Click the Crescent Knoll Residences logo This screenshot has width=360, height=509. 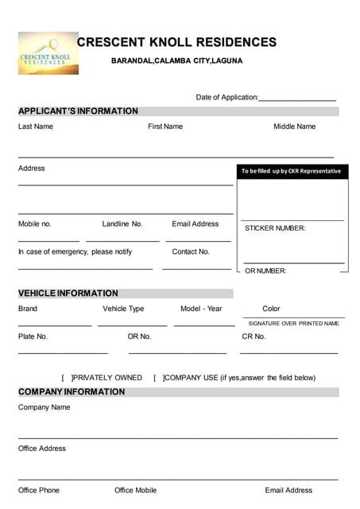pyautogui.click(x=48, y=53)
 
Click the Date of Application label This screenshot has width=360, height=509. pyautogui.click(x=226, y=97)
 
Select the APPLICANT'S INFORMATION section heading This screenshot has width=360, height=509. pyautogui.click(x=78, y=111)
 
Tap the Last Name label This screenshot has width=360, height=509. pyautogui.click(x=36, y=126)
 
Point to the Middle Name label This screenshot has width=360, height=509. pyautogui.click(x=294, y=126)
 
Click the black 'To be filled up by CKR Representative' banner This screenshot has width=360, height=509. pyautogui.click(x=292, y=171)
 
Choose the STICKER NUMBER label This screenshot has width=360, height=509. pyautogui.click(x=275, y=228)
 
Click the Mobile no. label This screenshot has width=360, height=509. pyautogui.click(x=35, y=224)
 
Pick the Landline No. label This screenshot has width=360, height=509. pyautogui.click(x=122, y=224)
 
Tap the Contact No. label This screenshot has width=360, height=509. pyautogui.click(x=191, y=251)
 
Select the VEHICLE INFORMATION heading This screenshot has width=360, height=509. pyautogui.click(x=68, y=293)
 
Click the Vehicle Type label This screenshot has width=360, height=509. pyautogui.click(x=123, y=309)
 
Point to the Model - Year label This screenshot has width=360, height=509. pyautogui.click(x=201, y=309)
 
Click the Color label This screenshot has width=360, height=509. pyautogui.click(x=271, y=309)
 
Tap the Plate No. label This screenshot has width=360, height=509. pyautogui.click(x=33, y=336)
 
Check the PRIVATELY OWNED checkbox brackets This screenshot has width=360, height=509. pyautogui.click(x=67, y=378)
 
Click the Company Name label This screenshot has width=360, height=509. pyautogui.click(x=45, y=407)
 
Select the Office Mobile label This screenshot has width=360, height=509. pyautogui.click(x=135, y=490)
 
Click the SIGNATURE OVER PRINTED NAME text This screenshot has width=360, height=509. pyautogui.click(x=293, y=324)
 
